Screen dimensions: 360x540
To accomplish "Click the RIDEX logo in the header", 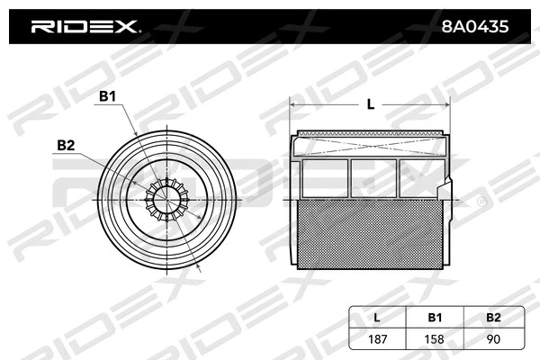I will pyautogui.click(x=85, y=27).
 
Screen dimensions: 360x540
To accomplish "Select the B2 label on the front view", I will pyautogui.click(x=66, y=145).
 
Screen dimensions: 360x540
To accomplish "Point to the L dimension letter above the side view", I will pyautogui.click(x=370, y=104).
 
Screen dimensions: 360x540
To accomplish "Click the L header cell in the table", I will pyautogui.click(x=376, y=317).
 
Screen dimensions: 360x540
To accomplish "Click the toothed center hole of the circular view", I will pyautogui.click(x=166, y=200).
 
